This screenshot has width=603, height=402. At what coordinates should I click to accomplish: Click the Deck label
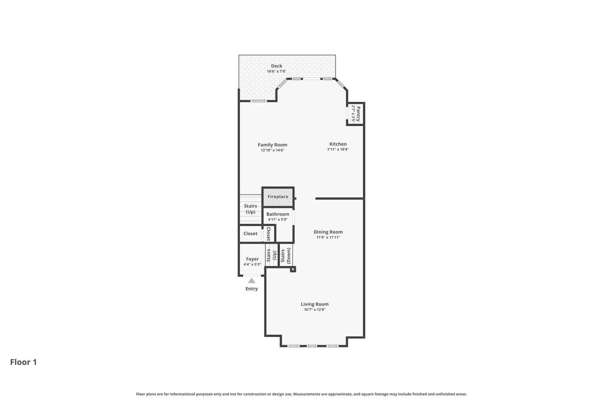click(276, 66)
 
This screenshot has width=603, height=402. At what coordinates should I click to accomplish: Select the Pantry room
click(355, 114)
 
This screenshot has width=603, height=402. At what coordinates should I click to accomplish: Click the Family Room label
click(272, 145)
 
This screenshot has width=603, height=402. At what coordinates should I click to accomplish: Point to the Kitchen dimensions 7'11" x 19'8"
click(338, 150)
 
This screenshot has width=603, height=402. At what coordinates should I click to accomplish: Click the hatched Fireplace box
click(278, 197)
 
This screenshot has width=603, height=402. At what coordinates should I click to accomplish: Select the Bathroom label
click(278, 214)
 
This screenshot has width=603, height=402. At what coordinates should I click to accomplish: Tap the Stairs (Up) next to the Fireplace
click(250, 209)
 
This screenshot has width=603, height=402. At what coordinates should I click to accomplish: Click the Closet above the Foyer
click(250, 233)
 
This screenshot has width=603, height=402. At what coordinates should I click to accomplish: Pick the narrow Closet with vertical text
click(268, 234)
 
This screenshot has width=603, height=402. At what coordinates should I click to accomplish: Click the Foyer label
click(252, 259)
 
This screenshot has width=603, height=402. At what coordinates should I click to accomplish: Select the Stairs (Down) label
click(286, 255)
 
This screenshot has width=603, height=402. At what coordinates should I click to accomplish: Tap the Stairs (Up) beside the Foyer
click(272, 256)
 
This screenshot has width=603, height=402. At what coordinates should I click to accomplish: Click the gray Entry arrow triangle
click(251, 281)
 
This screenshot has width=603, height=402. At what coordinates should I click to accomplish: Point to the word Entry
click(251, 289)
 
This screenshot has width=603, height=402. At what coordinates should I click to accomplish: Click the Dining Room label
click(328, 232)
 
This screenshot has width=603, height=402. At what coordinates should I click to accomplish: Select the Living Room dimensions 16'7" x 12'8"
click(314, 310)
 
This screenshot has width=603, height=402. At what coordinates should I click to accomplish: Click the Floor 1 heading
click(23, 362)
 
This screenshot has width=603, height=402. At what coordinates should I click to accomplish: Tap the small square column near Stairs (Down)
click(293, 269)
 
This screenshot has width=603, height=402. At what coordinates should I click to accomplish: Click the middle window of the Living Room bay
click(312, 346)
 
